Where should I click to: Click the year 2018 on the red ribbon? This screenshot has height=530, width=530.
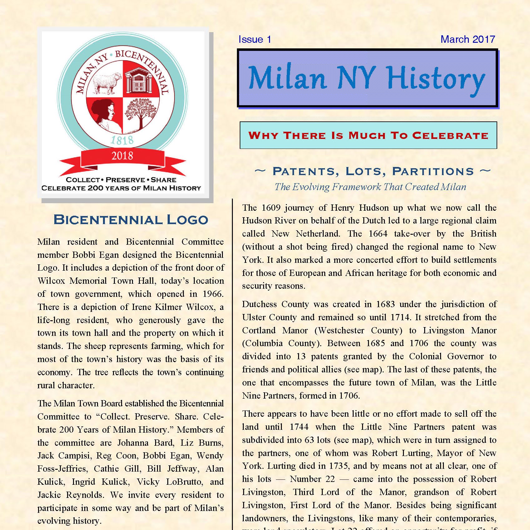point(122,155)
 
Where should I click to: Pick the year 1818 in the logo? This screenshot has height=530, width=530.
point(122,140)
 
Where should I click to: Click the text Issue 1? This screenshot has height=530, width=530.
point(255,39)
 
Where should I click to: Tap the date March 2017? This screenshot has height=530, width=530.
point(468,39)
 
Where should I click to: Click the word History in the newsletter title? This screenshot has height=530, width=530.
point(435,79)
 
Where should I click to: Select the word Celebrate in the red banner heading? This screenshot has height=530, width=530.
point(450,135)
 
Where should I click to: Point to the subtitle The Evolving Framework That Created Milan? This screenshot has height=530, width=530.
point(370,187)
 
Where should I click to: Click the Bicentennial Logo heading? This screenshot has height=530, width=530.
point(131,220)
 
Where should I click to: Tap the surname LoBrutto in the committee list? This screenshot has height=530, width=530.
point(184,482)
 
